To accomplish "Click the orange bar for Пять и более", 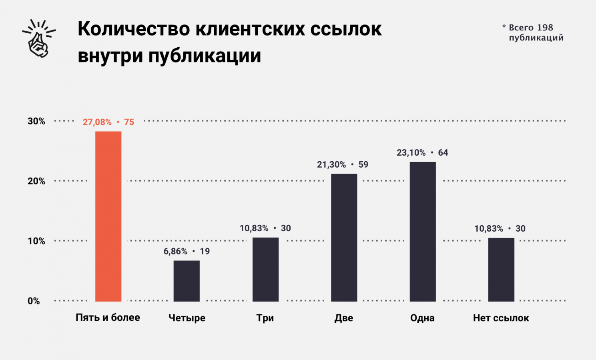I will pyautogui.click(x=108, y=216).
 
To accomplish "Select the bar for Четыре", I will pyautogui.click(x=187, y=281).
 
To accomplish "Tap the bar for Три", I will pyautogui.click(x=265, y=269).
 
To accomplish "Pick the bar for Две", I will pyautogui.click(x=344, y=237).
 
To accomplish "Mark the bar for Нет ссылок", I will pyautogui.click(x=501, y=269).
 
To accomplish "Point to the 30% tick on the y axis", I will pyautogui.click(x=36, y=121).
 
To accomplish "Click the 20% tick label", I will pyautogui.click(x=36, y=181).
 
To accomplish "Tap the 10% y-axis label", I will pyautogui.click(x=36, y=241).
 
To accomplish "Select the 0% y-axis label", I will pyautogui.click(x=34, y=301).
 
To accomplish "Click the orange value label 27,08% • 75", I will pyautogui.click(x=108, y=122).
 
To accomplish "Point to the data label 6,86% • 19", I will pyautogui.click(x=187, y=251).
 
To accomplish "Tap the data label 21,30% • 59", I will pyautogui.click(x=343, y=164).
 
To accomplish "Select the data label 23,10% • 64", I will pyautogui.click(x=422, y=152).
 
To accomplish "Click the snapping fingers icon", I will pyautogui.click(x=39, y=38).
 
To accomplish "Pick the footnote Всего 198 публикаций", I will pyautogui.click(x=533, y=32).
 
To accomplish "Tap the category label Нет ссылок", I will pyautogui.click(x=501, y=318).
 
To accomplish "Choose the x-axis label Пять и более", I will pyautogui.click(x=108, y=318).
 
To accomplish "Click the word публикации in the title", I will pyautogui.click(x=205, y=56).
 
